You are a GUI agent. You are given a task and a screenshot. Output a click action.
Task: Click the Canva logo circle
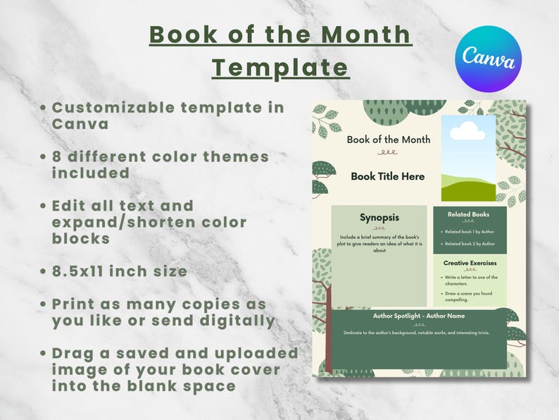pos(489,58)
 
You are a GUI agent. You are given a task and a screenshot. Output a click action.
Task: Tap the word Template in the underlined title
pos(280,67)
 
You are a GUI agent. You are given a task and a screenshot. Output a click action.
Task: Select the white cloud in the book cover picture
pos(467,131)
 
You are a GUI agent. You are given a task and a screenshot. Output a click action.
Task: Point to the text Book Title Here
pos(388,176)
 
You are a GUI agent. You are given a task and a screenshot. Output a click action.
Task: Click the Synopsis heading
pos(379,217)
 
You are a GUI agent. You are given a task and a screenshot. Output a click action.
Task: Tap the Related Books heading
pos(468,214)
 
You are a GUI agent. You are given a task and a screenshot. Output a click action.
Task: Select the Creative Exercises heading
pos(470,263)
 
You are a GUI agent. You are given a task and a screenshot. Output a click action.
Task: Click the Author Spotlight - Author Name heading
pos(419,316)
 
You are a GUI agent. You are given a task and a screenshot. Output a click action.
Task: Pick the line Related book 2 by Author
pos(470,244)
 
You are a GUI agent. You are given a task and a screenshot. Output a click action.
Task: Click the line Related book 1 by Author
pos(470,231)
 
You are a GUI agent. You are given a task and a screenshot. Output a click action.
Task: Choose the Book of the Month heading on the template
pos(388,140)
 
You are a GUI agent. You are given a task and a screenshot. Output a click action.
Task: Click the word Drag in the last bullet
pos(73,352)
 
